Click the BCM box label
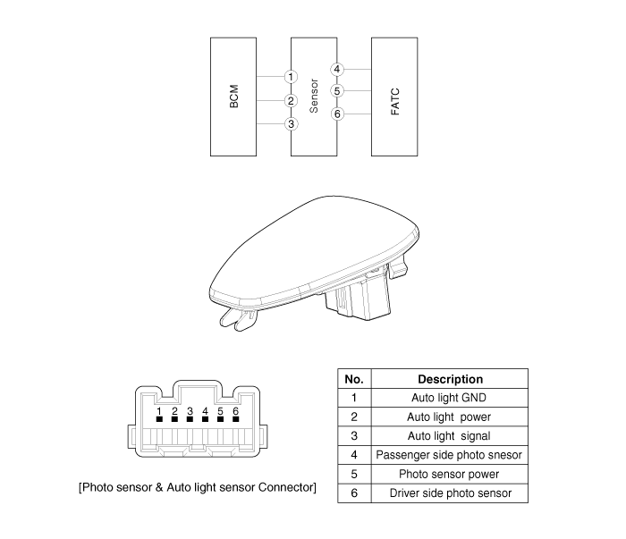pos(234,97)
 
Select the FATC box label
pos(395,102)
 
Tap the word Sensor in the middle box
pos(314,96)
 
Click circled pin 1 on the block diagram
pos(291,77)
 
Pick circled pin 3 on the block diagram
pos(291,124)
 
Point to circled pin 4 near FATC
pos(337,70)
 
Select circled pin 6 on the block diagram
pos(337,114)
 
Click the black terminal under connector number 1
pos(159,419)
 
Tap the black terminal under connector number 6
pos(235,419)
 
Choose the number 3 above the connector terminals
pos(190,411)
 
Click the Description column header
pos(451,379)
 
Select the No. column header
pos(354,379)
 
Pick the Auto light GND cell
pos(449,398)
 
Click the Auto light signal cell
pos(449,436)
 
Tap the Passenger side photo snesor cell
pos(449,455)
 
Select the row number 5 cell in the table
pos(354,474)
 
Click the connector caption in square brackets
pos(198,487)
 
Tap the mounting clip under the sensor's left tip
pos(238,320)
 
